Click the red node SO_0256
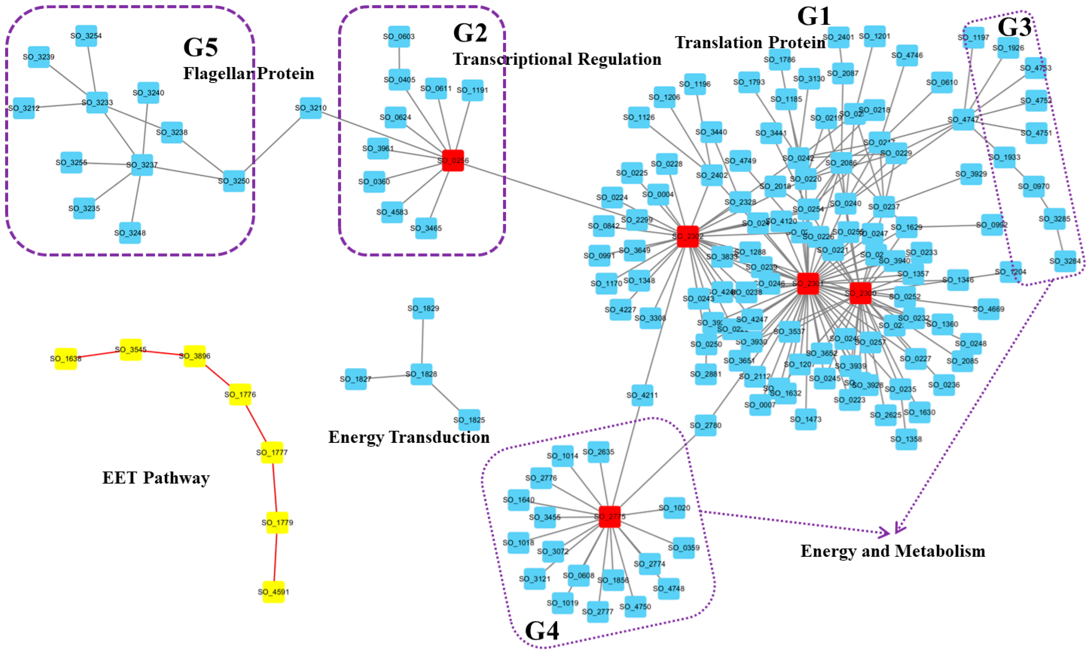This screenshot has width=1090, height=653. (x=453, y=160)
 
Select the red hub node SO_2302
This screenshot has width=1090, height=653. (x=688, y=236)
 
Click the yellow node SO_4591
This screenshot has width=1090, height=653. (x=273, y=592)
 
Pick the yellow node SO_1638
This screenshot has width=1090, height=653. (x=66, y=358)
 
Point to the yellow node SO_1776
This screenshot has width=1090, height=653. (x=240, y=394)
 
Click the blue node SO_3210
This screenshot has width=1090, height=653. (x=310, y=108)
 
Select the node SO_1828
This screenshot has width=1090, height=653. (x=421, y=374)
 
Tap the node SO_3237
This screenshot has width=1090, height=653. (x=142, y=165)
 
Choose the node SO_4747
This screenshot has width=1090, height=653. (x=963, y=120)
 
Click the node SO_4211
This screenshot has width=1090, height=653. (x=642, y=395)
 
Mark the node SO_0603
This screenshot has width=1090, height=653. (x=399, y=37)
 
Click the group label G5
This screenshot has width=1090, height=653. (x=201, y=47)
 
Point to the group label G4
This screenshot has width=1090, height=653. (x=542, y=630)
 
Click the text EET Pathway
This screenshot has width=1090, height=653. (x=156, y=478)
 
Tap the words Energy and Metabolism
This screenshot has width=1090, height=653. (x=893, y=551)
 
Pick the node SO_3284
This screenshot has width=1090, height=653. (x=1065, y=261)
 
